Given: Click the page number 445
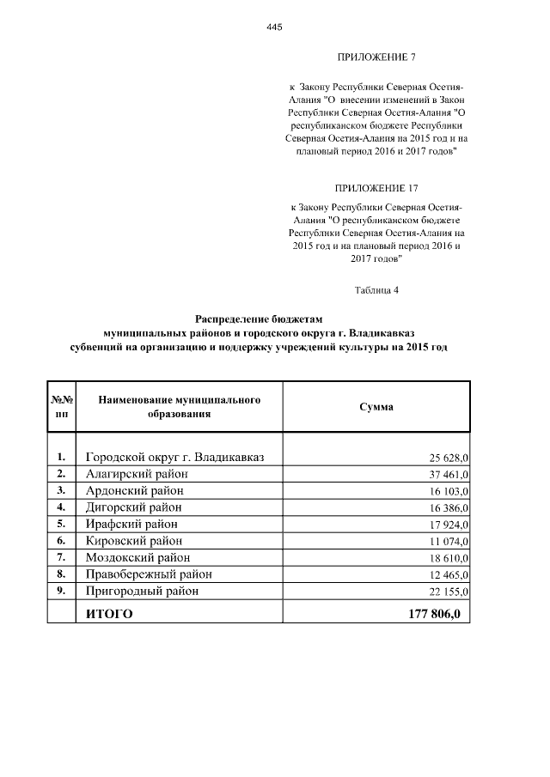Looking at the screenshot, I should [x=274, y=27].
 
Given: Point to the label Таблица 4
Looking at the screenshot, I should [x=376, y=289].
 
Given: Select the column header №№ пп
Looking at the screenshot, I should [x=61, y=407].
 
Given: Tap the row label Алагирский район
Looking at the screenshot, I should [x=133, y=474].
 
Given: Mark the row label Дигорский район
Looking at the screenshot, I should [x=133, y=507].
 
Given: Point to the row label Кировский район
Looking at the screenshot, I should [x=133, y=541].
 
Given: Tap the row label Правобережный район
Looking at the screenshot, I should [x=148, y=574].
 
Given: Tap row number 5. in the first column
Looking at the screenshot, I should [x=61, y=524].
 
